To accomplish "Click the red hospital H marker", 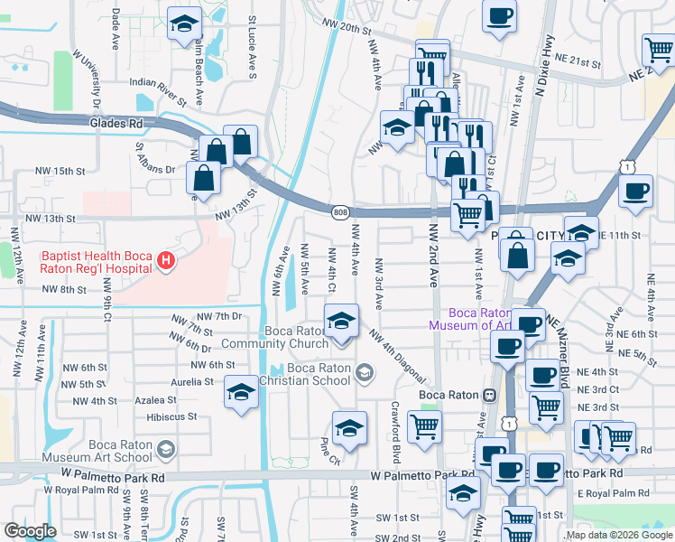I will [x=165, y=262].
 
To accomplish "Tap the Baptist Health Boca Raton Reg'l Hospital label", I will [x=96, y=262].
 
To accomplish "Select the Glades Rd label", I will [x=116, y=123].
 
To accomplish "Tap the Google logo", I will [x=30, y=531].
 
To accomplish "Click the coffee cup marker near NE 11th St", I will [x=636, y=192].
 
